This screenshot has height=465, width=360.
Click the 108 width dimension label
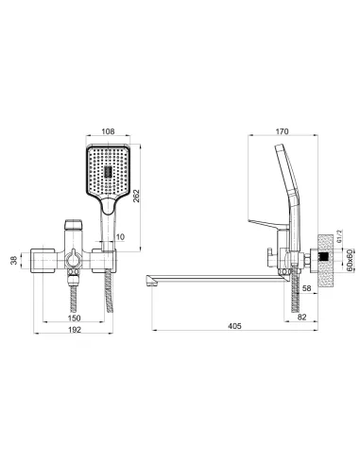pos(108,131)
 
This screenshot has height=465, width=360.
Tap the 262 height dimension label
pos(136,196)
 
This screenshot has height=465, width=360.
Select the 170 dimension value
pos(282,131)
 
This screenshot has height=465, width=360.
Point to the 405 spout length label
pos(234,326)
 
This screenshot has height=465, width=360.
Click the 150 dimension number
pos(75,318)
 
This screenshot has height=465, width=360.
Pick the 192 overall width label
pos(75,330)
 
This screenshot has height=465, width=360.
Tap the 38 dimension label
pos(14,260)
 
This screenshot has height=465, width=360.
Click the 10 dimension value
pos(121,236)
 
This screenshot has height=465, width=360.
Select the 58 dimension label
pos(306,288)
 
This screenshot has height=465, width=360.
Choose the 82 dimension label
pos(301,318)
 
